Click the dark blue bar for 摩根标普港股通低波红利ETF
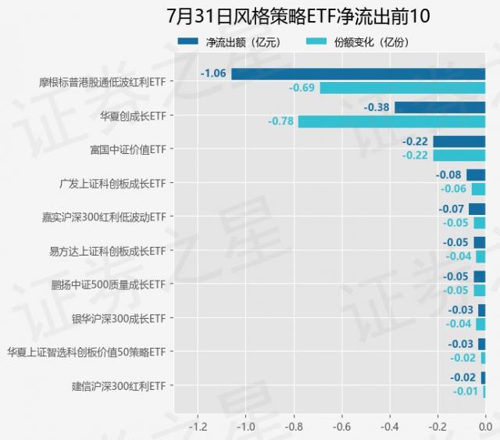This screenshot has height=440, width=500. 358,74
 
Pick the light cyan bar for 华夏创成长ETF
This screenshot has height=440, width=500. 391,121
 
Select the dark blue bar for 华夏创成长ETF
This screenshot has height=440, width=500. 440,108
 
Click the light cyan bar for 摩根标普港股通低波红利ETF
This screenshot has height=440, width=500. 402,88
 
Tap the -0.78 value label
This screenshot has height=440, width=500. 281,121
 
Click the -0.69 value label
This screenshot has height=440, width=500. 302,88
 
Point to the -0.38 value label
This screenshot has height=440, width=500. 377,108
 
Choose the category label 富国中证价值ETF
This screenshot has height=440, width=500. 128,148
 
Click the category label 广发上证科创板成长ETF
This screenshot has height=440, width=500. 112,183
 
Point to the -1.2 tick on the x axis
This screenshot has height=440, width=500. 198,427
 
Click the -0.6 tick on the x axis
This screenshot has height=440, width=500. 341,427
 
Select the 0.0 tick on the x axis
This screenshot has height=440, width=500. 484,427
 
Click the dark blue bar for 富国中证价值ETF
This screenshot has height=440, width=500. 459,141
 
